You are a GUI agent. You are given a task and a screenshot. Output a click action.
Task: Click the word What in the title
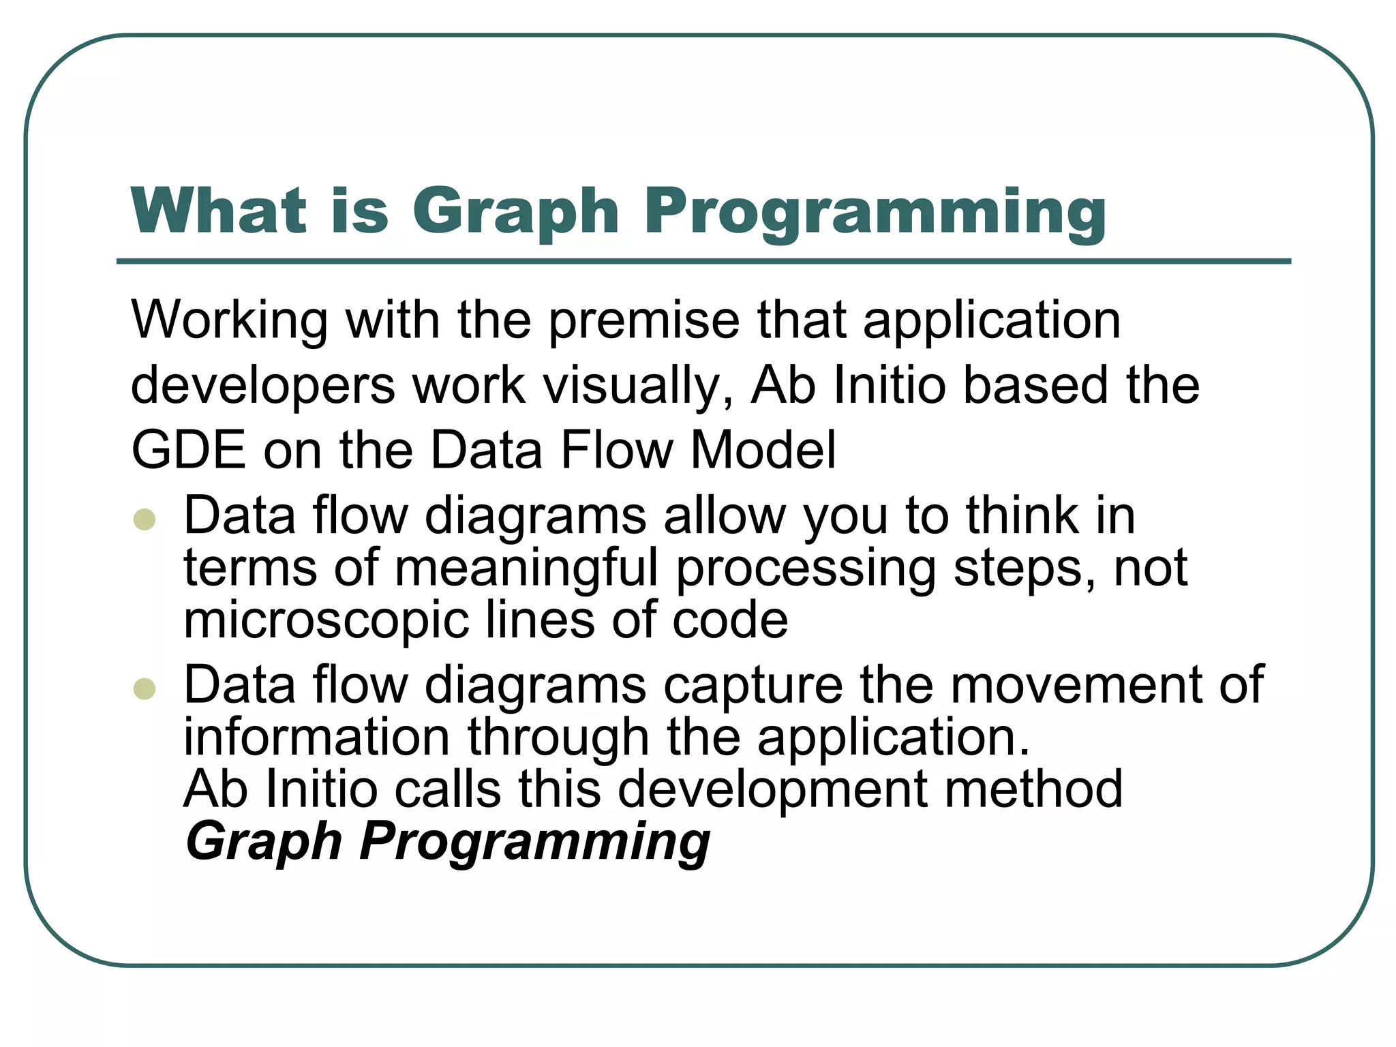219,211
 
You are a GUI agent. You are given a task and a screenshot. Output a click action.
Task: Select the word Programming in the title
875,213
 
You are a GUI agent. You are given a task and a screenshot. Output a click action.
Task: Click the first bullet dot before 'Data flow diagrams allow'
145,520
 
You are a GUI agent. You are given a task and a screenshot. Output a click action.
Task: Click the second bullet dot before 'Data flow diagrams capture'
145,688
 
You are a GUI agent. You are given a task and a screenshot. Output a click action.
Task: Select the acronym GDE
188,450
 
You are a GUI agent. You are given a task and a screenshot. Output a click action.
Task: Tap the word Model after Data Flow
763,450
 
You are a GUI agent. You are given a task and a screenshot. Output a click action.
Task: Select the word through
558,738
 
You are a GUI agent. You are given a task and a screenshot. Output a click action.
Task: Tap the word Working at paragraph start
230,320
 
